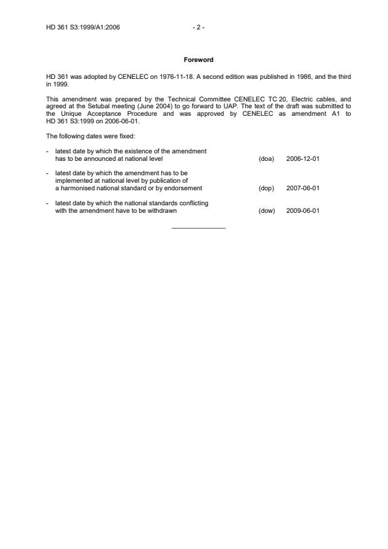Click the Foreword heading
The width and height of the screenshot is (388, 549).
[x=198, y=60]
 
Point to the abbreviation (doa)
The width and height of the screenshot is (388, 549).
[x=266, y=158]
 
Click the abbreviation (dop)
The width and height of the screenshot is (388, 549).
[x=266, y=188]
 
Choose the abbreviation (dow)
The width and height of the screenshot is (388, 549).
[x=266, y=211]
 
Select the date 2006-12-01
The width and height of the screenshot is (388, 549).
[x=303, y=158]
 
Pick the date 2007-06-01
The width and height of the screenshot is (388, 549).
[x=303, y=188]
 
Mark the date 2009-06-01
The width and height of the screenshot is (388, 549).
[x=303, y=211]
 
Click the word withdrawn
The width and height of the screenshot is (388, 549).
[x=163, y=211]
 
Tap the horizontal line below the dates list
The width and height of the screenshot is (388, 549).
[x=198, y=227]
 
